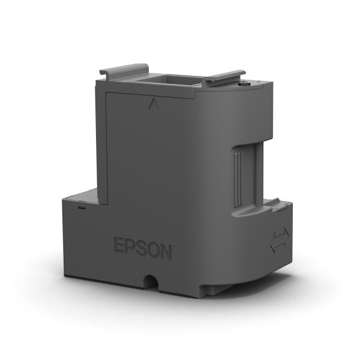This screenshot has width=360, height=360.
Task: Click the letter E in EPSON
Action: (x=119, y=247)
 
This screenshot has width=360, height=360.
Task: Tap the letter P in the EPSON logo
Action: (x=131, y=248)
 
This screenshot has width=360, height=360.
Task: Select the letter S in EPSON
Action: (x=143, y=249)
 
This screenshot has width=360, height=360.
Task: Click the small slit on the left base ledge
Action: (x=80, y=208)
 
